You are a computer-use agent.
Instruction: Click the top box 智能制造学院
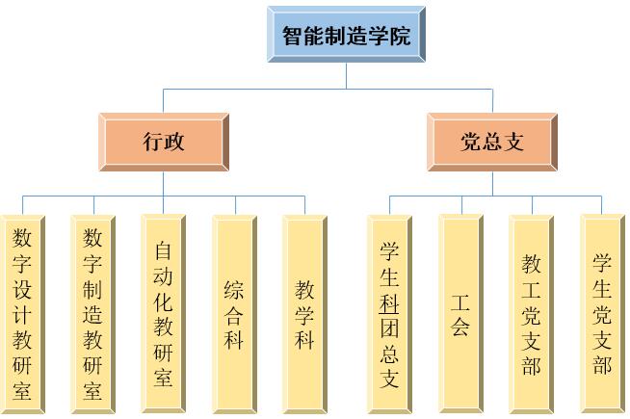(x=346, y=36)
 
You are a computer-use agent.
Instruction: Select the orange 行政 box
(x=164, y=143)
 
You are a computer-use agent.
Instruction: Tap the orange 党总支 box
(x=492, y=143)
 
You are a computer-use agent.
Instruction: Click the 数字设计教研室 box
(x=23, y=314)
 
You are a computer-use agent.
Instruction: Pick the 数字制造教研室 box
(x=93, y=314)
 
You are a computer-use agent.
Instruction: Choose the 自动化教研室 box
(x=164, y=314)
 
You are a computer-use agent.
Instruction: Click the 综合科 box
(x=234, y=314)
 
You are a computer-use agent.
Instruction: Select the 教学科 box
(x=305, y=314)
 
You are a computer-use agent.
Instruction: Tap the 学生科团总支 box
(x=389, y=314)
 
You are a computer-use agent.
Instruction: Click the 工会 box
(x=460, y=314)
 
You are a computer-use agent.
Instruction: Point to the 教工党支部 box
(x=532, y=314)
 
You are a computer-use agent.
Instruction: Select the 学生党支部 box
(x=602, y=314)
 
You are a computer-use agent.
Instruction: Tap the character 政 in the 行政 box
(x=174, y=143)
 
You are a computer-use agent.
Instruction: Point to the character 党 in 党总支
(x=471, y=143)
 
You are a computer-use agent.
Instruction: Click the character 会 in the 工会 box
(x=460, y=327)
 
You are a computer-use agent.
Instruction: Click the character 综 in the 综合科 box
(x=234, y=290)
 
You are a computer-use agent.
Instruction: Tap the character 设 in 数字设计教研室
(x=23, y=288)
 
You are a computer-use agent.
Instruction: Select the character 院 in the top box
(x=400, y=37)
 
